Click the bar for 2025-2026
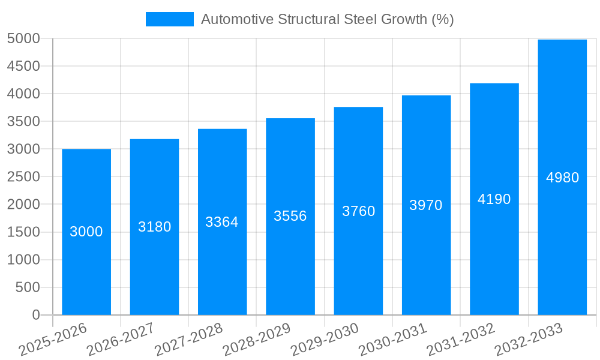(86, 264)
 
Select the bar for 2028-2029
(290, 264)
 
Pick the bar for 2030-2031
(426, 264)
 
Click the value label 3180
(155, 227)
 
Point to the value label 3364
(222, 222)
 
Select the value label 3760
(358, 211)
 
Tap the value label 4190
(494, 199)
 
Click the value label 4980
(562, 178)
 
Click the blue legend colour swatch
(170, 19)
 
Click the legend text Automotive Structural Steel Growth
(327, 19)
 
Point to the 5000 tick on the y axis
(23, 39)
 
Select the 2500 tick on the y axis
(23, 177)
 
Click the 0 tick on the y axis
(35, 315)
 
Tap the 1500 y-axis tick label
(23, 232)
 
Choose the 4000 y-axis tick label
(23, 94)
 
